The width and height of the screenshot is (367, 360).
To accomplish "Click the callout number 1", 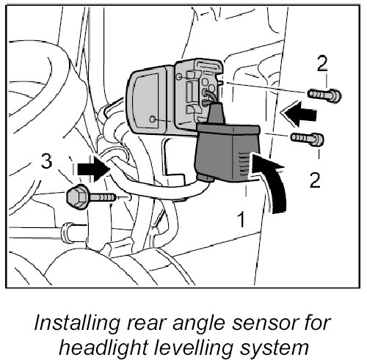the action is [x=241, y=219].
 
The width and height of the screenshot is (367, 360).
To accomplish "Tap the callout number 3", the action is [x=46, y=161].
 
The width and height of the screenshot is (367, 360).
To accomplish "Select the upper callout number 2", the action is [x=322, y=63].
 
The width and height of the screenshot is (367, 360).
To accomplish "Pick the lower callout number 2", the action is [x=315, y=180].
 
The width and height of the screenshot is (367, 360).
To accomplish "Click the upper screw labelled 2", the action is [x=324, y=95].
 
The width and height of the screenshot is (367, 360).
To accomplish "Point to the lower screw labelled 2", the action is [x=308, y=139].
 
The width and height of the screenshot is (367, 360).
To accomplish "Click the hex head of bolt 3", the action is [x=77, y=196].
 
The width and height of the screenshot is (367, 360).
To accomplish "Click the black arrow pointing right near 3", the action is [x=93, y=169].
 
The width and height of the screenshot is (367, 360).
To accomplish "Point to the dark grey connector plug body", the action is [x=228, y=153].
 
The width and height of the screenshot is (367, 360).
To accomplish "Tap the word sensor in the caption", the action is [x=261, y=323].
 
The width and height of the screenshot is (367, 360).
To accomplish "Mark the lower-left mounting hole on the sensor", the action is [x=153, y=119].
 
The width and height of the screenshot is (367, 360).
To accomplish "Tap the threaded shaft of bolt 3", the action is [x=102, y=196].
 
